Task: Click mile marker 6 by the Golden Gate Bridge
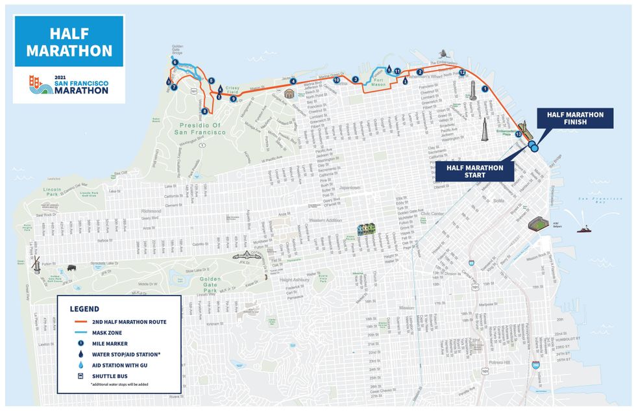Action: (175, 62)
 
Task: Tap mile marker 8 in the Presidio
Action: (204, 111)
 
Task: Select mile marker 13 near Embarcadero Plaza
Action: (518, 134)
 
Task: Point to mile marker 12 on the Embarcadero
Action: (462, 72)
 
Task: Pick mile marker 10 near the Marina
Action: (337, 81)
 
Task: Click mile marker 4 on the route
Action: (293, 81)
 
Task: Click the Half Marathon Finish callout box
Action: (575, 119)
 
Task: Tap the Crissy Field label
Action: (232, 89)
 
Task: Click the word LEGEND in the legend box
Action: (85, 308)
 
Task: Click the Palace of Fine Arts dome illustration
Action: (301, 93)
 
